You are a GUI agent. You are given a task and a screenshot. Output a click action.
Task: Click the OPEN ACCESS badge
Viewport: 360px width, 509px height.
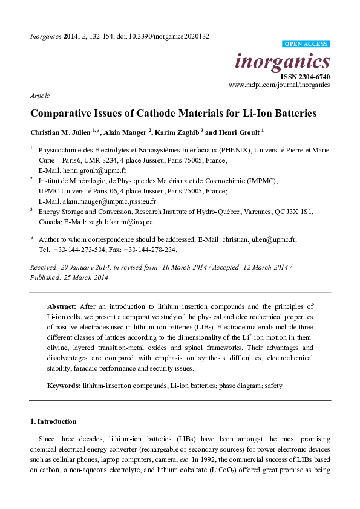(x=306, y=44)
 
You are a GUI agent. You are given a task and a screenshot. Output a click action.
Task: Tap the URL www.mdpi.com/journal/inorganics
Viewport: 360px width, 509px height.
(x=279, y=85)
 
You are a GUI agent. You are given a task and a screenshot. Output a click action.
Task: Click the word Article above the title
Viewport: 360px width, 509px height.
(x=39, y=96)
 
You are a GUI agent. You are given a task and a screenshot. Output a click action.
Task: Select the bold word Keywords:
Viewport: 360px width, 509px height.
(x=64, y=385)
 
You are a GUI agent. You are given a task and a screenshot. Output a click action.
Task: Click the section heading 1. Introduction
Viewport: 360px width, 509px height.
(x=53, y=421)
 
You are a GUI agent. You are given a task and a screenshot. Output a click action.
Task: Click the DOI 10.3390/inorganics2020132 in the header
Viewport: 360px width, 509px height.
(x=169, y=36)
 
